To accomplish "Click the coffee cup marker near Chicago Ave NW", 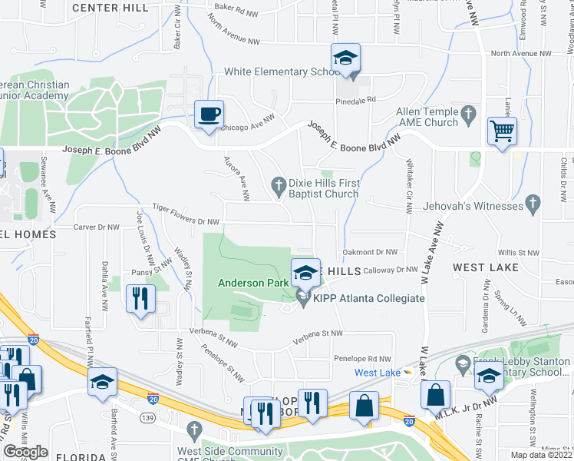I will click(x=209, y=115).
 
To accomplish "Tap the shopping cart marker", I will click(x=502, y=131).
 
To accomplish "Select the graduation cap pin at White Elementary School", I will click(x=345, y=58).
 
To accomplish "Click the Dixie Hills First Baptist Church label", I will click(x=323, y=188).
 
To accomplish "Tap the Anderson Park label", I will click(x=252, y=283).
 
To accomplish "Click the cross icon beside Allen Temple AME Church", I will click(x=470, y=118).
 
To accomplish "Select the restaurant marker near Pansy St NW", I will click(x=140, y=298).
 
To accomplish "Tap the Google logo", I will click(x=25, y=452).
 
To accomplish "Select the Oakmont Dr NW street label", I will click(x=371, y=252).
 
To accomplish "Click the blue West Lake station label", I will click(x=377, y=373).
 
